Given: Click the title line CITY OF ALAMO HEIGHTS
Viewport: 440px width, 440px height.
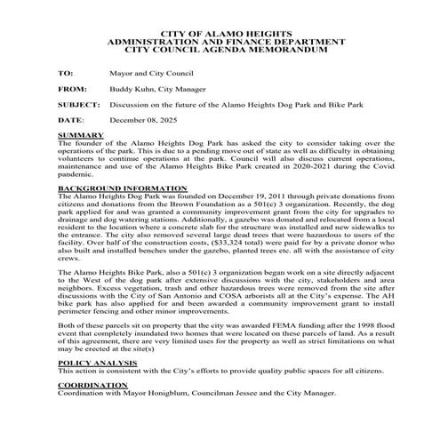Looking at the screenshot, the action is (x=219, y=34).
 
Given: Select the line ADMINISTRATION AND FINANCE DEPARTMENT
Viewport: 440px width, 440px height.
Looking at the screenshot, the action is (x=219, y=42).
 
